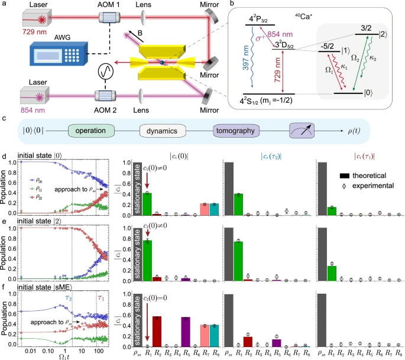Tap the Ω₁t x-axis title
tap(60, 355)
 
